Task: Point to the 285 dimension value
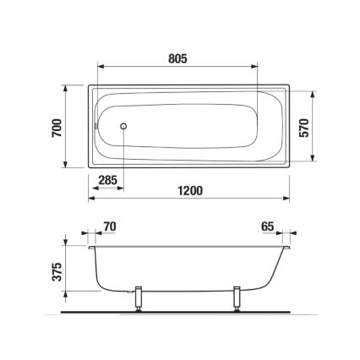tap(107, 179)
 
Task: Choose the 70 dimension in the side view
tap(108, 226)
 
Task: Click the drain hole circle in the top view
tap(125, 127)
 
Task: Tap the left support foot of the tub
tap(139, 301)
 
